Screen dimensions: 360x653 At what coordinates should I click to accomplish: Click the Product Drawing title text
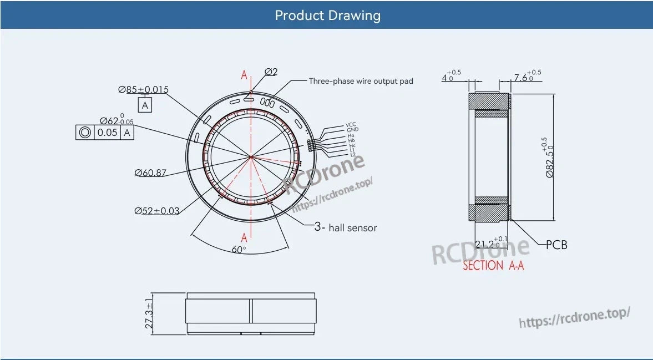click(327, 15)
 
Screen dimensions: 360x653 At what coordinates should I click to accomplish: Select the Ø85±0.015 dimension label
click(143, 89)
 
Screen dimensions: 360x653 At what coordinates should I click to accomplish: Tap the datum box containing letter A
click(145, 105)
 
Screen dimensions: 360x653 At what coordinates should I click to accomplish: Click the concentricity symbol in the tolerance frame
click(85, 133)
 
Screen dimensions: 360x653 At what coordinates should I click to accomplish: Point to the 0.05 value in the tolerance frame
click(107, 133)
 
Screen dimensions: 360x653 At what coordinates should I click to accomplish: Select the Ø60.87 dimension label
click(150, 173)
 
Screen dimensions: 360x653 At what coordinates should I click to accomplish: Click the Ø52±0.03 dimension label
click(156, 210)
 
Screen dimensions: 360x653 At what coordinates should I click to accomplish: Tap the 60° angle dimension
click(239, 250)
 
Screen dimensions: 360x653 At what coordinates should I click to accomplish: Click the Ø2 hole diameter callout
click(271, 72)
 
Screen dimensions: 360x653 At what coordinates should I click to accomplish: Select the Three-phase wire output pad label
click(361, 81)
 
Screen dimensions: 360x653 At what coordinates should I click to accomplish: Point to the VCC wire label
click(351, 125)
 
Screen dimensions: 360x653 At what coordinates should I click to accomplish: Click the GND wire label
click(352, 130)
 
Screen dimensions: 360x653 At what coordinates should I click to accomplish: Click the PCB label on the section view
click(556, 245)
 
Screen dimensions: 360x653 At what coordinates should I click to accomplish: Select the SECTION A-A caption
click(493, 266)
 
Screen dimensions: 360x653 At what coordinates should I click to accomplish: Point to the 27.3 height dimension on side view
click(149, 315)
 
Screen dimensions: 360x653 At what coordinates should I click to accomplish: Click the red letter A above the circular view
click(244, 75)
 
